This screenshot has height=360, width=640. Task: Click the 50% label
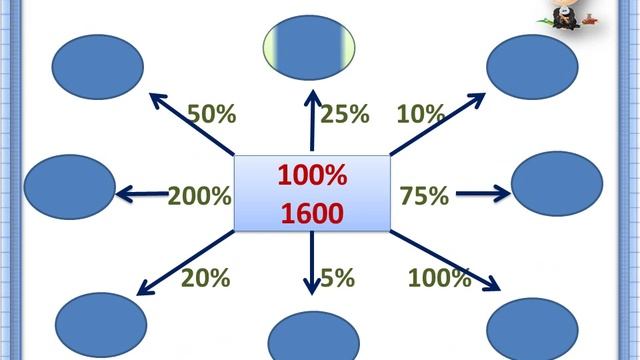pos(211,114)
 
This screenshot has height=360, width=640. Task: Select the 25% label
pos(345,114)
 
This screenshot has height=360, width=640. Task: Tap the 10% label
pos(420,114)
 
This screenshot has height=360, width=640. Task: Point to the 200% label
pos(199,195)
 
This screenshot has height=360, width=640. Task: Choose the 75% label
pos(424,196)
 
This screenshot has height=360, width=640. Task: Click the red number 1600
pos(312,212)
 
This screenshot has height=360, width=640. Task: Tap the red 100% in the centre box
pos(312,176)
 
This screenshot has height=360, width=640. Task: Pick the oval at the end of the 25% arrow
pos(310,50)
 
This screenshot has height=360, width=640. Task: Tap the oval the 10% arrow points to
pos(532,65)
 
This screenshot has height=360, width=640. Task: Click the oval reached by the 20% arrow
pos(100,325)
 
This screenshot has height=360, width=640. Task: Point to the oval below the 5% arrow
pos(313,337)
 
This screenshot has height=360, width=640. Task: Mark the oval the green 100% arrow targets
pos(532,328)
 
